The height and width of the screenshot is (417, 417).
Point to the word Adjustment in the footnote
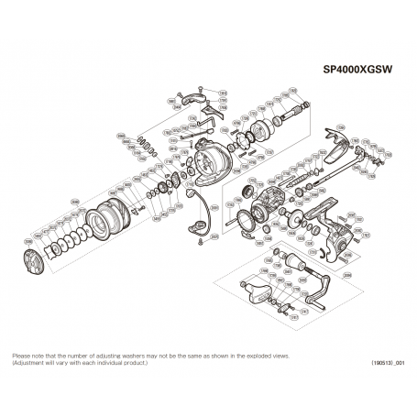click(x=31, y=363)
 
